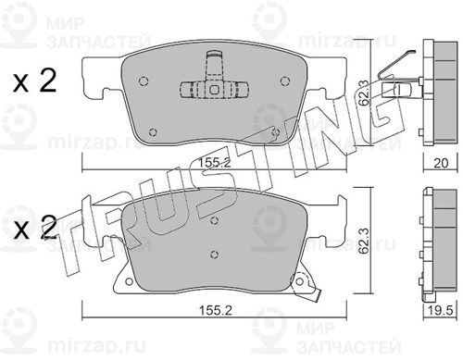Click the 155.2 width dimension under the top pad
[x=214, y=163]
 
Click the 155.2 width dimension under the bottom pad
[x=215, y=310]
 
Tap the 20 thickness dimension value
[x=441, y=163]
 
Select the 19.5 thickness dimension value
[x=441, y=311]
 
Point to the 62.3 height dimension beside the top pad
[x=364, y=93]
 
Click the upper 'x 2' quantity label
[x=34, y=81]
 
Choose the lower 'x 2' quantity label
[x=34, y=228]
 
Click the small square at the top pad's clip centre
[x=214, y=90]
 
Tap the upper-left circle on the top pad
[x=144, y=81]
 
